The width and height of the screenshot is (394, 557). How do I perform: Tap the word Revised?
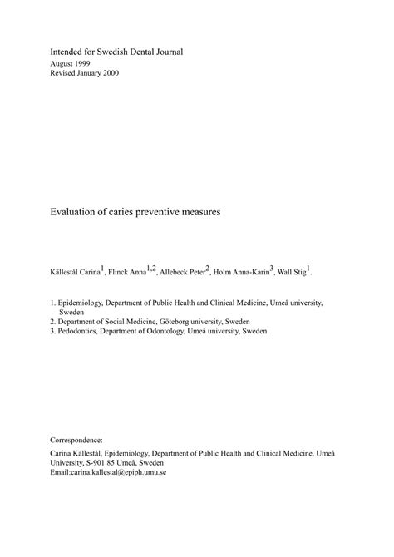click(66, 75)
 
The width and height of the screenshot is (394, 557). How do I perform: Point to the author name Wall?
click(286, 272)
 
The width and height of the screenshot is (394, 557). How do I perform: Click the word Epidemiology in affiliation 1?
click(86, 303)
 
